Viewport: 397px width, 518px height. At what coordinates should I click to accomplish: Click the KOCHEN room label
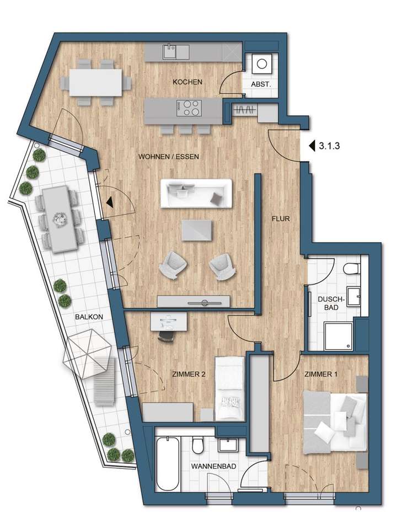click(187, 82)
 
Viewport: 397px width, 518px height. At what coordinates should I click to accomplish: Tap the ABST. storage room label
click(260, 85)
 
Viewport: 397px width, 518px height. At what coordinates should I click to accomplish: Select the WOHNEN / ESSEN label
click(169, 157)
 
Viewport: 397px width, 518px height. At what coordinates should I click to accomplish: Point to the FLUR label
click(281, 218)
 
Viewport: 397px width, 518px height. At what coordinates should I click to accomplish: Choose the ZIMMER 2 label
click(188, 375)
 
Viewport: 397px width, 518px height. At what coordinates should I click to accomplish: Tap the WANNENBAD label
click(214, 467)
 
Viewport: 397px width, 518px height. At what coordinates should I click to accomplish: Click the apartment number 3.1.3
click(330, 146)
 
